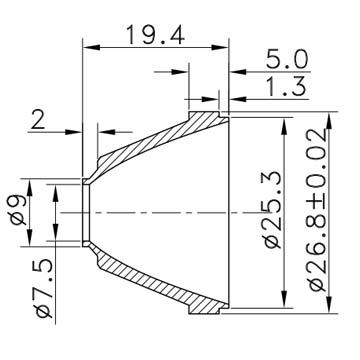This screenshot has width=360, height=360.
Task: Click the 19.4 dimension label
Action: click(x=155, y=35)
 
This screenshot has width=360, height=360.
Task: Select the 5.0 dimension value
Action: click(x=287, y=60)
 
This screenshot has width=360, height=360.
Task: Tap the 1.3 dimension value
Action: click(x=287, y=87)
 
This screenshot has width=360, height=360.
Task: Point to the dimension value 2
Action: click(x=38, y=120)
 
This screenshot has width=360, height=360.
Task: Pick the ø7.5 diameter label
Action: click(x=44, y=289)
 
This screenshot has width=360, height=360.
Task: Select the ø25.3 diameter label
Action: click(x=273, y=212)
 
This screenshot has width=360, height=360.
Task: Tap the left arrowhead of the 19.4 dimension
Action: click(x=91, y=47)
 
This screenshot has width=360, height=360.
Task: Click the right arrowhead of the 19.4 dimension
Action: click(x=220, y=47)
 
